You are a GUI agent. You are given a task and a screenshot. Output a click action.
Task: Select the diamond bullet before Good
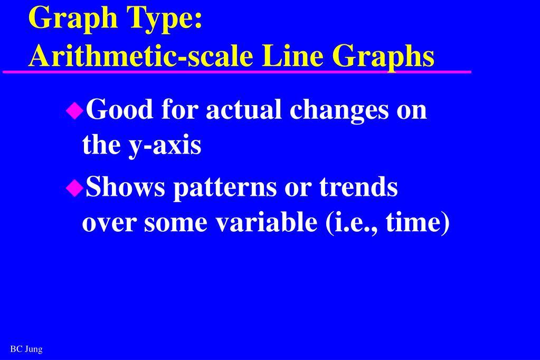(x=74, y=110)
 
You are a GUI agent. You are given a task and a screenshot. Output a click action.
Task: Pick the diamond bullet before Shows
(x=74, y=187)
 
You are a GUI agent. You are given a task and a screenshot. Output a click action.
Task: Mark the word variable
(x=264, y=222)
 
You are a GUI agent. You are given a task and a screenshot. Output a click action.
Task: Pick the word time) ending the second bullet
(x=418, y=223)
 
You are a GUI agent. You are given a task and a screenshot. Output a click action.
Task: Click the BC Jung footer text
(x=26, y=349)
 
